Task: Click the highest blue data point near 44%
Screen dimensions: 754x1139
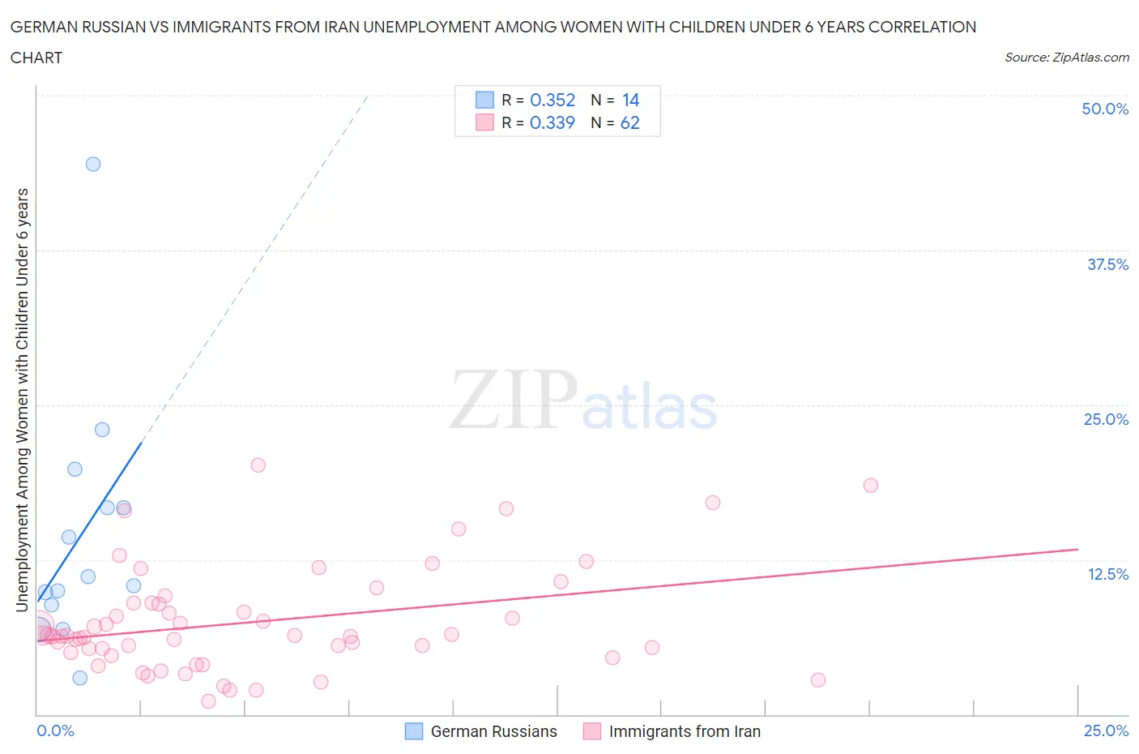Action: click(93, 164)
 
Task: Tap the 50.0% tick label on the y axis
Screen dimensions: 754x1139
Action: click(1105, 109)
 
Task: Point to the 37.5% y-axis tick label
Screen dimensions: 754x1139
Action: click(1107, 264)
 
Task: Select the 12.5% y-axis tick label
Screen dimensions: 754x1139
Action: click(1107, 574)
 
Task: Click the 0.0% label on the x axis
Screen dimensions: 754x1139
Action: click(55, 730)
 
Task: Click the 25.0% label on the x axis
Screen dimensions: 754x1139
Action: click(1106, 730)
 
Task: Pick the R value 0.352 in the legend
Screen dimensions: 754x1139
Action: click(552, 100)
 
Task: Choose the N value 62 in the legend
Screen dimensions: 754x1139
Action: click(629, 122)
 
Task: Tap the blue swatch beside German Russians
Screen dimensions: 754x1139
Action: click(414, 731)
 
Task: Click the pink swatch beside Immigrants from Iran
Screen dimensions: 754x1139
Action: click(592, 731)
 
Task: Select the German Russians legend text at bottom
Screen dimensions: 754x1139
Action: click(493, 731)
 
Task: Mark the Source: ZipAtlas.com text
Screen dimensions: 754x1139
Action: click(1066, 57)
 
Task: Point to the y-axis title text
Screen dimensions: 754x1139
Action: click(23, 400)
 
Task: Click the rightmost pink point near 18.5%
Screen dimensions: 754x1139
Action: click(871, 486)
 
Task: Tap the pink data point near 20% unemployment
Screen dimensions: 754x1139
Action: click(258, 465)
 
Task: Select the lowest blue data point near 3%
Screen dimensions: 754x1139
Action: click(79, 678)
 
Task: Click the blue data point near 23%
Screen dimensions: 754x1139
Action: click(102, 430)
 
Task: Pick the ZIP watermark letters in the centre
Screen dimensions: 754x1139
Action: click(514, 400)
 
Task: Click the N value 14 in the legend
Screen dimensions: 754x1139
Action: click(630, 100)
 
